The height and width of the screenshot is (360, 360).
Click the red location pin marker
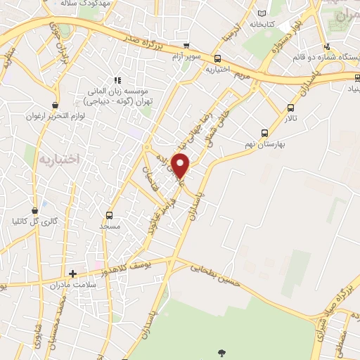[x=181, y=166]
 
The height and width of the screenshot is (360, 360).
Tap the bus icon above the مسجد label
[x=109, y=215]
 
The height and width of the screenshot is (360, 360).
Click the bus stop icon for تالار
[x=291, y=108]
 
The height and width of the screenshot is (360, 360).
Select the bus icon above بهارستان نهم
[x=264, y=132]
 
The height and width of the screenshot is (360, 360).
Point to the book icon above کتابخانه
[x=262, y=13]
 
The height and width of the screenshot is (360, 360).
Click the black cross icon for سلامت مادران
[x=72, y=273]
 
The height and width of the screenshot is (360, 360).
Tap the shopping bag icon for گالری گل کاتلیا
[x=35, y=210]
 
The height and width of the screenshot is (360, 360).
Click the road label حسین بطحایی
[x=214, y=275]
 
